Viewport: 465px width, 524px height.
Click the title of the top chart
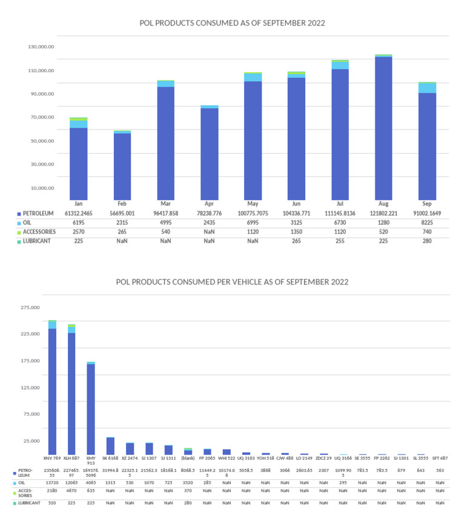point(232,23)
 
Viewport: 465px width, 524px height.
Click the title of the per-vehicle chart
point(232,282)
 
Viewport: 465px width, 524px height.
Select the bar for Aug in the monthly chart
point(383,127)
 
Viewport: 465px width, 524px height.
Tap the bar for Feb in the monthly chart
point(122,165)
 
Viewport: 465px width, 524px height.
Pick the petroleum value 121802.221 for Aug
point(383,214)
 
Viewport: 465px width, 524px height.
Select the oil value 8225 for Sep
point(427,223)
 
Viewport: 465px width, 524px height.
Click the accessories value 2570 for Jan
point(79,232)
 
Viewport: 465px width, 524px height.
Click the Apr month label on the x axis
point(209,205)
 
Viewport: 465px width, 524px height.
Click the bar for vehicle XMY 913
point(91,408)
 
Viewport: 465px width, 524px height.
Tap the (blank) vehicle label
point(188,458)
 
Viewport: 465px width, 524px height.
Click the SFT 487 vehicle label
point(440,458)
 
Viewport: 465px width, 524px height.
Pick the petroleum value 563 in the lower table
point(440,471)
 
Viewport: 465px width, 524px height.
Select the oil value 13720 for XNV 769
point(53,483)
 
